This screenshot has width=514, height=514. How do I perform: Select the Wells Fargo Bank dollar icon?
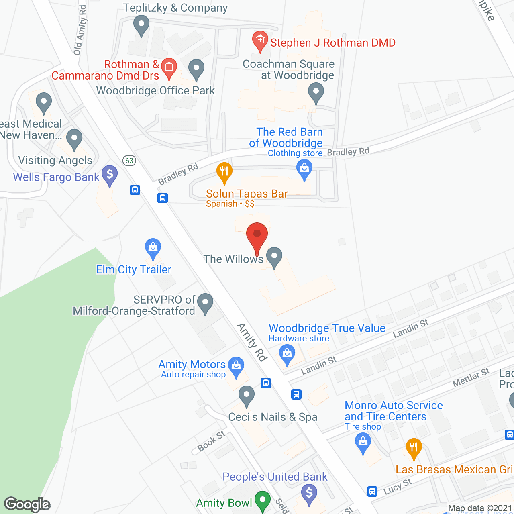coord(109,175)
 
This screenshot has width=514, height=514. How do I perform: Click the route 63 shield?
coord(129,161)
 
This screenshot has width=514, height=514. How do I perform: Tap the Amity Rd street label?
coord(252,342)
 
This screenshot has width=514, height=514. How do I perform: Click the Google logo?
coord(27,504)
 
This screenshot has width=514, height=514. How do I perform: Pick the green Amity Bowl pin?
coord(263,500)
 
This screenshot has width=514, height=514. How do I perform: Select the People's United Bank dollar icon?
coord(309,492)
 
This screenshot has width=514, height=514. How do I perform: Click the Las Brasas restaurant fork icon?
coord(413,447)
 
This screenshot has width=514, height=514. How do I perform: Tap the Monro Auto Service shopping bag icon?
coord(363,443)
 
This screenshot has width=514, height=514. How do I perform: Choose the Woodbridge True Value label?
coord(327,328)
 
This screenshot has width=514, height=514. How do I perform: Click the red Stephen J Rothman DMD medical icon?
coord(260,40)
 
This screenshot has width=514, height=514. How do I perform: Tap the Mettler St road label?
coord(471,377)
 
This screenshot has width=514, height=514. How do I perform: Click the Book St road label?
coord(211,441)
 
